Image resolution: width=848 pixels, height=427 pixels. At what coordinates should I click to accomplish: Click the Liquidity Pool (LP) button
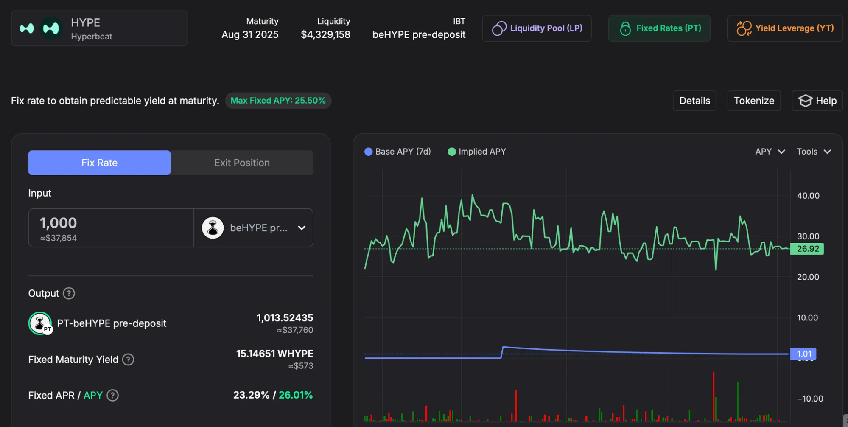(537, 28)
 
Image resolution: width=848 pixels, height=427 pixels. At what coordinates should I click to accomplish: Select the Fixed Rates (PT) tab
(659, 28)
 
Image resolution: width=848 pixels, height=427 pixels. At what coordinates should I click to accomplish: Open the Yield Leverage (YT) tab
(785, 28)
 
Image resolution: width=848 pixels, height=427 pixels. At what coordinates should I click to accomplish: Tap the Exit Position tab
(242, 163)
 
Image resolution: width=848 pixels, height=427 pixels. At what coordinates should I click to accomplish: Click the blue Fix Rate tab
(99, 163)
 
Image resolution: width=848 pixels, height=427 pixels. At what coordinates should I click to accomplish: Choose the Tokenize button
(754, 101)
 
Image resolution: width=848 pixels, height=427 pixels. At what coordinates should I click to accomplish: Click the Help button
(817, 101)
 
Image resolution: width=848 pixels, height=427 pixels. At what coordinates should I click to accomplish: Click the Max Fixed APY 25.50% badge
(278, 101)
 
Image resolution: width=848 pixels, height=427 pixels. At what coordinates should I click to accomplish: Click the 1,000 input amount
(59, 223)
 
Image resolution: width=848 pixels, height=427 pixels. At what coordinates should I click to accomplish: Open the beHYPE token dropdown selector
(253, 228)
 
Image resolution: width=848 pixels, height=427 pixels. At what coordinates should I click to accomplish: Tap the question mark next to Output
(69, 293)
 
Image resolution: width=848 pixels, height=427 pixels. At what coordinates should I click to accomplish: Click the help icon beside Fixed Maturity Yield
(128, 360)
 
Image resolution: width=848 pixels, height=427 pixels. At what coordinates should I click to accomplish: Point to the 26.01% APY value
(296, 395)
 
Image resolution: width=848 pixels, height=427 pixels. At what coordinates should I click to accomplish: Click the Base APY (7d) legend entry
(397, 152)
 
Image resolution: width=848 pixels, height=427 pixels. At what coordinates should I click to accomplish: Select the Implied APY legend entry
(477, 152)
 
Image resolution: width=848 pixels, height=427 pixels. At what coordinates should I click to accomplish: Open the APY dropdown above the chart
(770, 152)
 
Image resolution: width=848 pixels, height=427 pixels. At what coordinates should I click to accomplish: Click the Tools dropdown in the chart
(813, 152)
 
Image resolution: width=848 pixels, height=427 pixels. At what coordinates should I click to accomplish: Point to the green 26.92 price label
(807, 249)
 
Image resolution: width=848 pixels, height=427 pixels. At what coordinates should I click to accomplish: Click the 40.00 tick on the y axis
(808, 196)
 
